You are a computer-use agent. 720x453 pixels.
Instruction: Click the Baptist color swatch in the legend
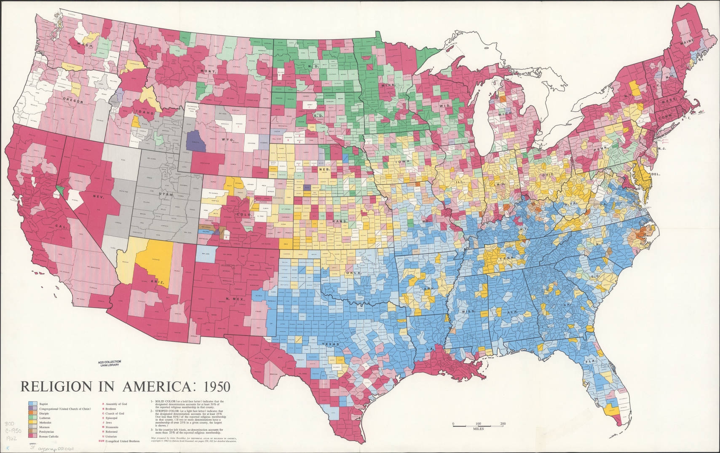click(x=32, y=404)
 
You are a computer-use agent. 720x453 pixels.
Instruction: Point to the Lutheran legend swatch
click(x=32, y=418)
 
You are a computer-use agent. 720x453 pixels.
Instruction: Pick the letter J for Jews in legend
click(x=103, y=422)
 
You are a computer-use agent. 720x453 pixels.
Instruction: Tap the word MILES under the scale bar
click(x=478, y=428)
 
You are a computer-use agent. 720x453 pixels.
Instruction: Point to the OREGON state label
click(x=72, y=101)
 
